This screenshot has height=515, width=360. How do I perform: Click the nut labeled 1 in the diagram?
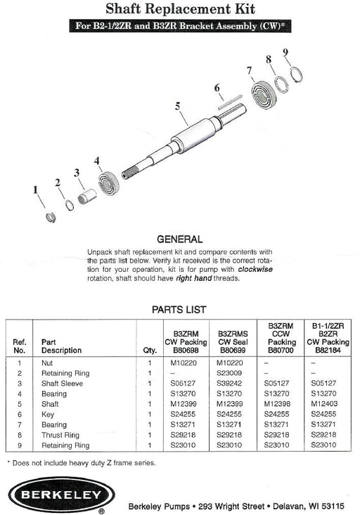pos(51,217)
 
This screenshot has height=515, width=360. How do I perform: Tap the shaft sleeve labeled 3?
pos(86,196)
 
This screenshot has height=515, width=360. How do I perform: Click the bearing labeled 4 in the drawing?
pos(109,183)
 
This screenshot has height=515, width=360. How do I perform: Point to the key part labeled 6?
pos(230,102)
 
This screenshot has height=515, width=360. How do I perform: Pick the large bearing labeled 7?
pos(264,95)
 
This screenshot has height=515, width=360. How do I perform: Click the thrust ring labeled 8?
pos(281,84)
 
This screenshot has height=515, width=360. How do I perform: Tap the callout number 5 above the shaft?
pos(177,106)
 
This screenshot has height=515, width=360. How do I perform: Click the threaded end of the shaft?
pos(131,172)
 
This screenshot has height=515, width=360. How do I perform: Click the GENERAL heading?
pos(179,239)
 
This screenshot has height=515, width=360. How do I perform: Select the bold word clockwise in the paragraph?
pos(255,269)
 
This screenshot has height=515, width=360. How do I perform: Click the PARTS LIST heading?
pos(179,309)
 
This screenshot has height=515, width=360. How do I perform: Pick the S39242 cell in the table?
pos(229,384)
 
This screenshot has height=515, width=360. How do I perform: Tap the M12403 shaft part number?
pos(324,404)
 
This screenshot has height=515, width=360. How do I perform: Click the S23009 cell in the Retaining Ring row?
pos(229,373)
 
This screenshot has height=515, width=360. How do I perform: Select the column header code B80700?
pos(281,350)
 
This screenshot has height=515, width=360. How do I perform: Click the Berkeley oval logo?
pos(61,495)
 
